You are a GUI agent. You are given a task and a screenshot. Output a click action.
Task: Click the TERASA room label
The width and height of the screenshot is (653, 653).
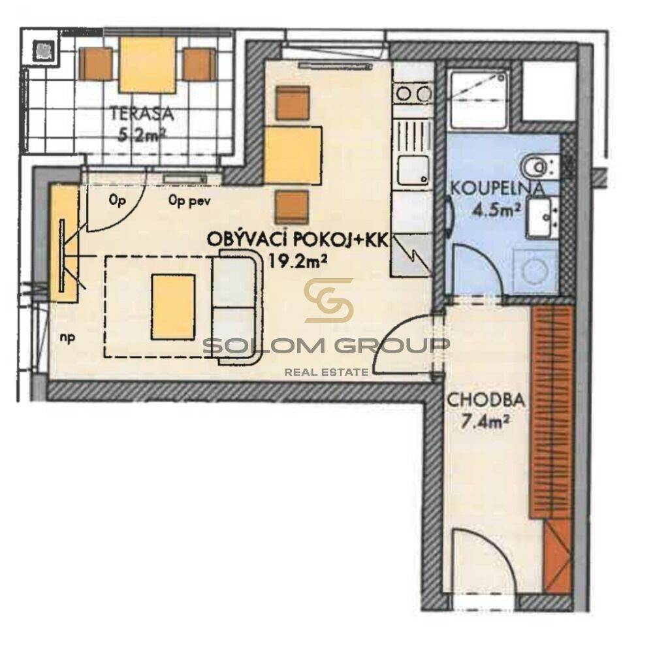pos(141,114)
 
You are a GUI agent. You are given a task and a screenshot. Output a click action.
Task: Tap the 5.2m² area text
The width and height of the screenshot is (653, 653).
pos(141,135)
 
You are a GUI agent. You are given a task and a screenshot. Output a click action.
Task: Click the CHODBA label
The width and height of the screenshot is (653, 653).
pos(486,401)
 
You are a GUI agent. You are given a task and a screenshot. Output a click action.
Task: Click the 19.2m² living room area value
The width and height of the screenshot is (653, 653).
pos(297,261)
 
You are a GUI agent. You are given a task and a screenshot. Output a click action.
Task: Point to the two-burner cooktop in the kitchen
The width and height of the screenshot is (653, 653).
pos(413,93)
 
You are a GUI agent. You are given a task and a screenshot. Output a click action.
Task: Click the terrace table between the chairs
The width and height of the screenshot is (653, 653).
pos(146,65)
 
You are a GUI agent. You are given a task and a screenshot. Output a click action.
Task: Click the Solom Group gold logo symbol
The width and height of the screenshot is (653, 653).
pos(329,300)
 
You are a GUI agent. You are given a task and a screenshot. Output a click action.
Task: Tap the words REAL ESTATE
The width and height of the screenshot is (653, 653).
pos(326,372)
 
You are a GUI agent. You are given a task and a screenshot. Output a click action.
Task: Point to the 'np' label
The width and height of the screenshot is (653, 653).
pos(67,338)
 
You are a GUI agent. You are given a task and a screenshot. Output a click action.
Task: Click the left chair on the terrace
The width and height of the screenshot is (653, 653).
pos(95,64)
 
